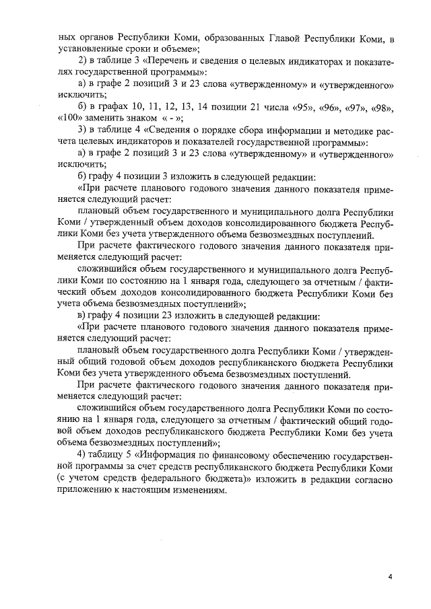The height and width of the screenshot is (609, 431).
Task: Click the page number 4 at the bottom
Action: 390,577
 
